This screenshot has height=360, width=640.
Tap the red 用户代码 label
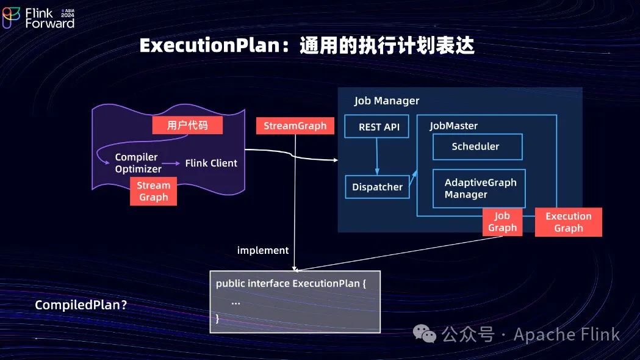187,126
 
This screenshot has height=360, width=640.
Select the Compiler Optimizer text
138,163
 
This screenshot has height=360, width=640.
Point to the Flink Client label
211,163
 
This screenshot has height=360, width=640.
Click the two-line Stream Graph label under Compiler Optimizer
153,191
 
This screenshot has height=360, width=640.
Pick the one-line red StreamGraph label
295,126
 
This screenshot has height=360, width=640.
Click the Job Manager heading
387,101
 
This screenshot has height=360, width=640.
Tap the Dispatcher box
377,187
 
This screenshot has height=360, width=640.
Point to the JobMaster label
453,126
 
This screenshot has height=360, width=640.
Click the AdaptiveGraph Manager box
479,189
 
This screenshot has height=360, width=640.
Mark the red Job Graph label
502,221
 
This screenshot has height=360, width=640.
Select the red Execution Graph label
568,222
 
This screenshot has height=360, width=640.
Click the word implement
262,250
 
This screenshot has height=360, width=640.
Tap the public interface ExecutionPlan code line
290,284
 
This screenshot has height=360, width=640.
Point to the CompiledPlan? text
81,305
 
